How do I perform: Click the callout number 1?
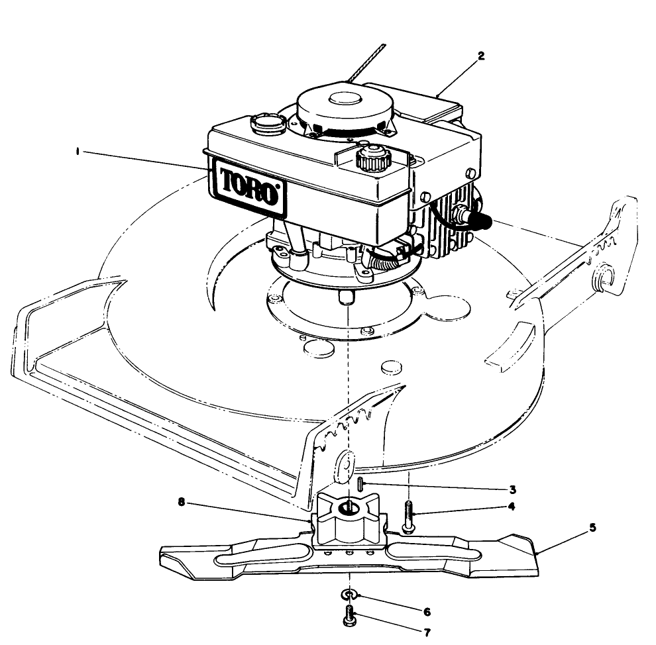[x=78, y=152]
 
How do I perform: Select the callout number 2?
[x=481, y=56]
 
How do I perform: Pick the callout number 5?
[x=592, y=527]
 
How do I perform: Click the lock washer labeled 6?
[x=349, y=595]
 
